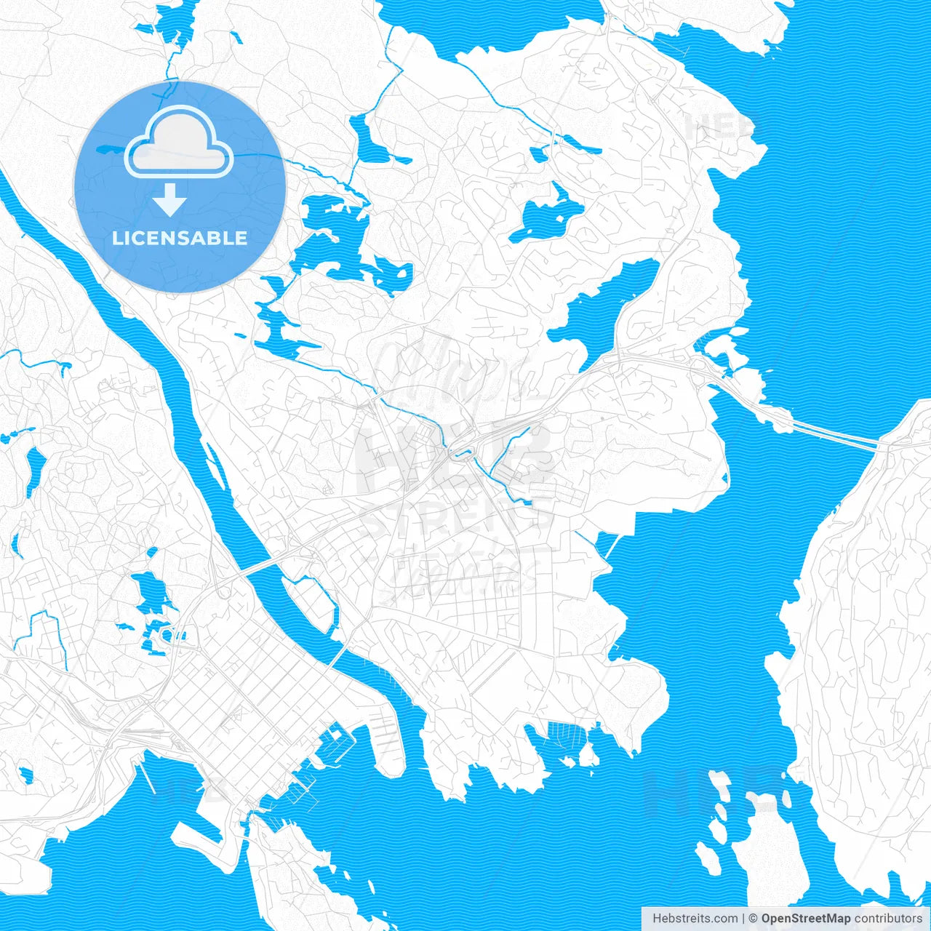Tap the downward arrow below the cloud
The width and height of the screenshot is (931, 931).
point(170,200)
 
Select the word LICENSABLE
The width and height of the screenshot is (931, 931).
point(180,239)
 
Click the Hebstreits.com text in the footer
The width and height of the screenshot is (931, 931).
point(695,919)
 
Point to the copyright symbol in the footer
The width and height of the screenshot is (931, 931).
point(754,919)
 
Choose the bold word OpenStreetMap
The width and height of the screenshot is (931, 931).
point(805,919)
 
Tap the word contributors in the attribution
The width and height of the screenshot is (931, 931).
point(888,919)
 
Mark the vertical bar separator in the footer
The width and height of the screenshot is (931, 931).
point(743,919)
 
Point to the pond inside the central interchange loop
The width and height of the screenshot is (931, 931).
point(460,455)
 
